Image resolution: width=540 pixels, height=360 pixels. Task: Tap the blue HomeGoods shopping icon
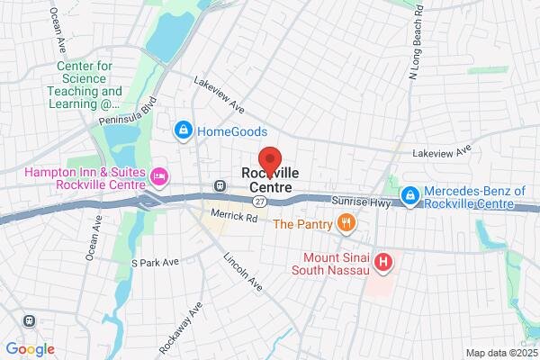[x=184, y=131]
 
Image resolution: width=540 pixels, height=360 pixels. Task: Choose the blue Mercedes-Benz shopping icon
[x=410, y=194]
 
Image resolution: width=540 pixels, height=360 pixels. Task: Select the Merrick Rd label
[x=234, y=216]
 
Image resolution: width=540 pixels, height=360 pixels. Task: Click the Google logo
[x=30, y=348]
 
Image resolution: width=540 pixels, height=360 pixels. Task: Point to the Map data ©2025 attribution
[x=499, y=353]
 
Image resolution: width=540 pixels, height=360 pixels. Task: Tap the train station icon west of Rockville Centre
[x=220, y=185]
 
